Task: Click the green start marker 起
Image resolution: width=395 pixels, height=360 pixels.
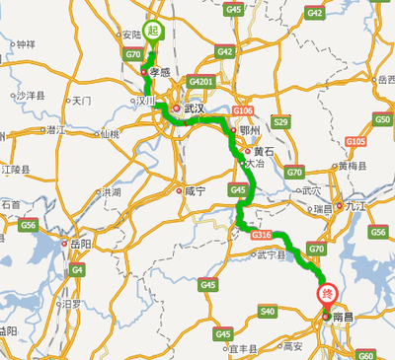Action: pyautogui.click(x=153, y=31)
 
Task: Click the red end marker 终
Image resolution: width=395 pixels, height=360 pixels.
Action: pyautogui.click(x=327, y=293)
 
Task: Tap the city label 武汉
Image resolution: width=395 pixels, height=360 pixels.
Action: pyautogui.click(x=193, y=108)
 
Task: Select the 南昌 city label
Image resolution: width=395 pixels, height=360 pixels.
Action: pyautogui.click(x=344, y=321)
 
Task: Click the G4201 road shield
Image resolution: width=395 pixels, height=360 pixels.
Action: pyautogui.click(x=201, y=81)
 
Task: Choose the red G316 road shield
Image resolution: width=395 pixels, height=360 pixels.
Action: pyautogui.click(x=261, y=235)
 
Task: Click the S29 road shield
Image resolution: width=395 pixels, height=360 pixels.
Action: pyautogui.click(x=279, y=121)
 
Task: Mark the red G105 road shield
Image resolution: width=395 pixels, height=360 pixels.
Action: pyautogui.click(x=356, y=142)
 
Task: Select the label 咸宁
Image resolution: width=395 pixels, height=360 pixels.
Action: pyautogui.click(x=193, y=191)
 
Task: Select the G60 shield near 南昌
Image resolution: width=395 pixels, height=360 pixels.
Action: pyautogui.click(x=365, y=354)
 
